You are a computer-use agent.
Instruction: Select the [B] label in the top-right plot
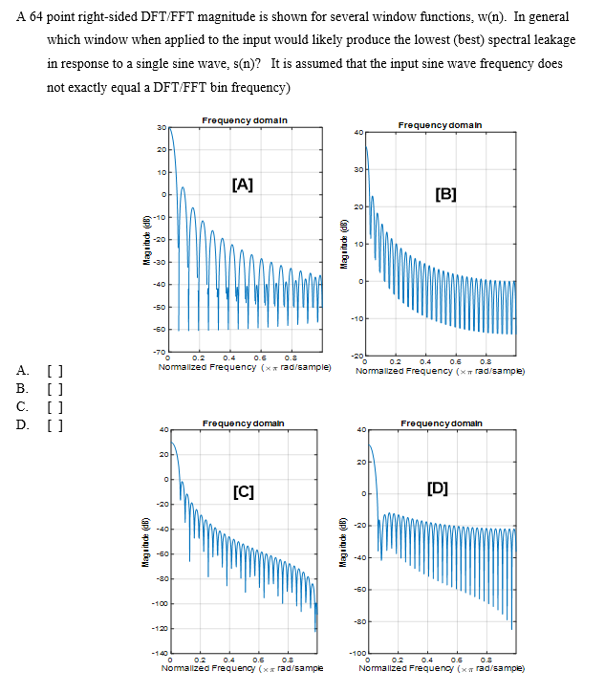click(x=445, y=194)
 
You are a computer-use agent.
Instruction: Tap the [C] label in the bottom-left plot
click(x=243, y=492)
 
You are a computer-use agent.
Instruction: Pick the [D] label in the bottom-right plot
click(x=438, y=489)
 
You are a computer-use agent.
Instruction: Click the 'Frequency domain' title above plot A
click(x=246, y=119)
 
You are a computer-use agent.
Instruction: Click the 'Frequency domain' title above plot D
click(x=441, y=422)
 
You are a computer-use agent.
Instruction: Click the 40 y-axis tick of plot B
click(x=358, y=132)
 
